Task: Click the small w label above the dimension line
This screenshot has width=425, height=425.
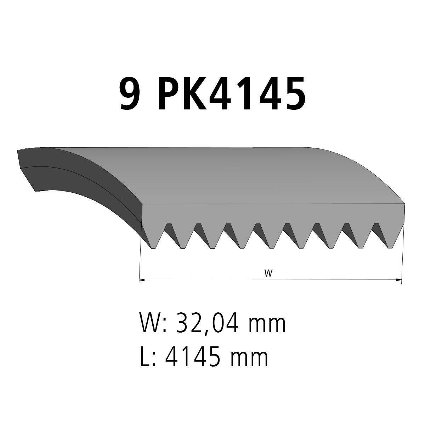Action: point(268,273)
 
